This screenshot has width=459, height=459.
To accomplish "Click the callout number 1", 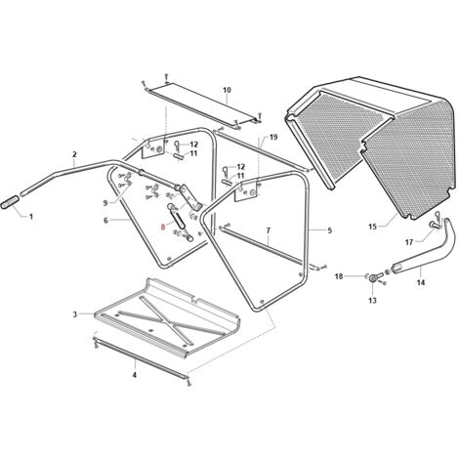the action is point(31,216).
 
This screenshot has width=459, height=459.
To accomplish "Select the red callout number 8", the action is point(163,227).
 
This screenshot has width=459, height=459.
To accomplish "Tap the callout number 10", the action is point(227,90).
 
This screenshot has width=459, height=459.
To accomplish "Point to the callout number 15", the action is point(372,227).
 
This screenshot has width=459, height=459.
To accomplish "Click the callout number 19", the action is point(273,137).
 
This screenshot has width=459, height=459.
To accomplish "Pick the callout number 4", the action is point(135,375).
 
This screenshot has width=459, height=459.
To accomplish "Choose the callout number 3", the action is point(75,314).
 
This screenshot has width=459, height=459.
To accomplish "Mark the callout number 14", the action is point(421,282).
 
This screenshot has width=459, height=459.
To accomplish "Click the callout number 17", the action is point(409,242).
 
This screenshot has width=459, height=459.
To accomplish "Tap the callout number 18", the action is point(339,276).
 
